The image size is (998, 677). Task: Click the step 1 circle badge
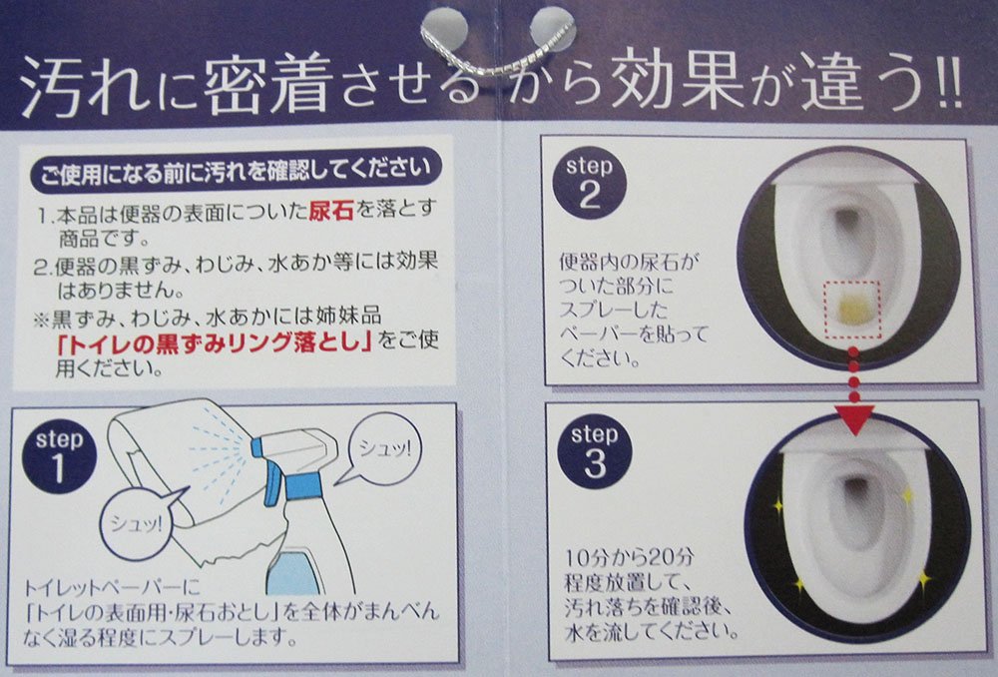59,455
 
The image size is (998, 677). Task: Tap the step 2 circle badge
590,182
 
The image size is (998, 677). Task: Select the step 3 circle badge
595,451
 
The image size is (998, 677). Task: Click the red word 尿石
331,211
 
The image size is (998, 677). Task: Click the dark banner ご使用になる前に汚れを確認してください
236,170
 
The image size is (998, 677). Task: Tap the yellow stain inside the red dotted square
853,311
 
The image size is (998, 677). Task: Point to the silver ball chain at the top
498,52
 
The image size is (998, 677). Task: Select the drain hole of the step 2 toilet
847,220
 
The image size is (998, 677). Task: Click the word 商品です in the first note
104,239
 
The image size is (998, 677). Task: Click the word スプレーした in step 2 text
614,310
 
